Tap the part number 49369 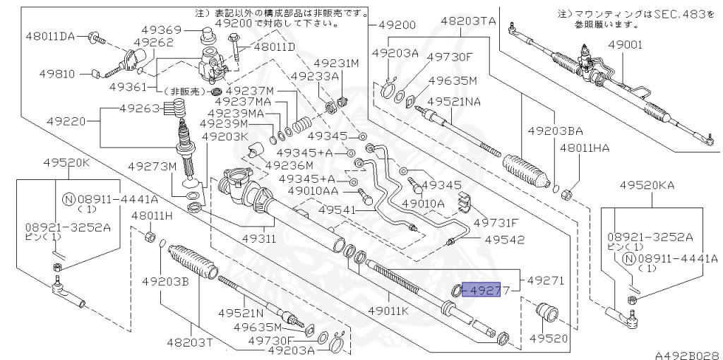pyautogui.click(x=163, y=30)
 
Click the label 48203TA pyautogui.click(x=468, y=21)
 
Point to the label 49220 pyautogui.click(x=66, y=121)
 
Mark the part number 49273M pyautogui.click(x=151, y=167)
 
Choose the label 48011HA pyautogui.click(x=584, y=148)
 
